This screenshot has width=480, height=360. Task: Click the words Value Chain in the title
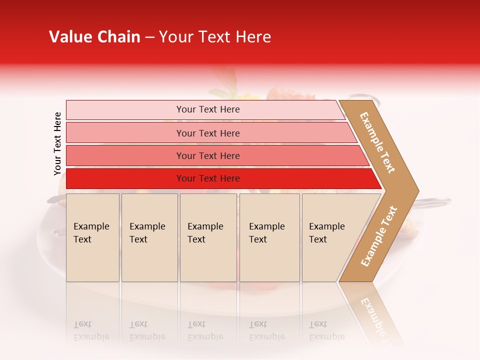(x=94, y=37)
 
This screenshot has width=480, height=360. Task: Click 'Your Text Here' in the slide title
(x=215, y=37)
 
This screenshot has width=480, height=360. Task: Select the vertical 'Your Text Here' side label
(x=57, y=143)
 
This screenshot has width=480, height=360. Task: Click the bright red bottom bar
(x=125, y=178)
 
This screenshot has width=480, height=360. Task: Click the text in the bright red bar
(x=208, y=178)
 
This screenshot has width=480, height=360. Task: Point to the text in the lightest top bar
(x=208, y=109)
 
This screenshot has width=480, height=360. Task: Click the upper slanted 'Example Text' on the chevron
(x=377, y=142)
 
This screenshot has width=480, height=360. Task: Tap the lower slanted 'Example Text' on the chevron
(x=379, y=236)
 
